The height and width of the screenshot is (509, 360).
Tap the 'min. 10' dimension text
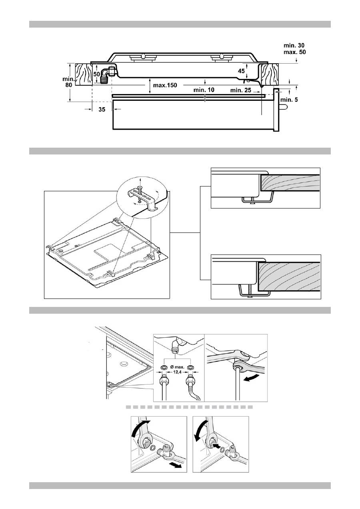[204, 90]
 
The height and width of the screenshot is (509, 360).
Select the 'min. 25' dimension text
[241, 90]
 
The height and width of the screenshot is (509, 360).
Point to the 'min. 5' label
[290, 100]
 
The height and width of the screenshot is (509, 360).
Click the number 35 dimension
[102, 110]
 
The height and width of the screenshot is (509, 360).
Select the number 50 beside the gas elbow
[97, 74]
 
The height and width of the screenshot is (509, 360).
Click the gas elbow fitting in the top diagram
[107, 74]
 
